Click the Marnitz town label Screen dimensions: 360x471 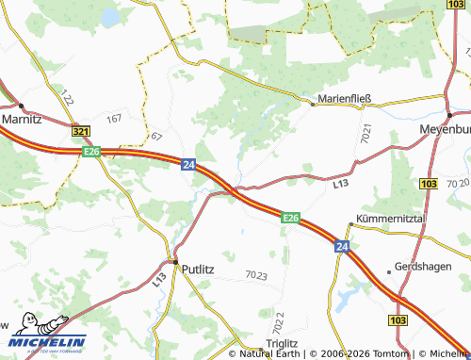(x=22, y=121)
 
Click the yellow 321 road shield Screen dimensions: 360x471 (x=81, y=133)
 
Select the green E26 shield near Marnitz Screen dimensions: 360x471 (x=91, y=151)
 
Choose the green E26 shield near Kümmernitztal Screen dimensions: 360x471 (x=291, y=219)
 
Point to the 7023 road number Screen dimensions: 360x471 (x=254, y=275)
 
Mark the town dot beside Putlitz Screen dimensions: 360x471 (x=174, y=262)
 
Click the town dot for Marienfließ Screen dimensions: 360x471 (x=314, y=105)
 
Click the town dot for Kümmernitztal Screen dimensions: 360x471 (x=350, y=224)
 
